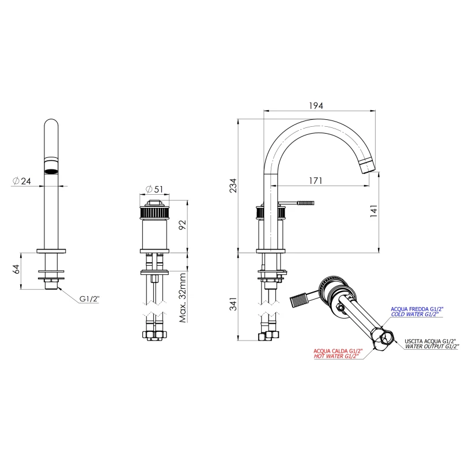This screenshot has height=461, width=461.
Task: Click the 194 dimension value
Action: (x=316, y=105)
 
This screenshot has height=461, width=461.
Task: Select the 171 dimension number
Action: (x=315, y=180)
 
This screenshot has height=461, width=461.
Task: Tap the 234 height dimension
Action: (x=233, y=185)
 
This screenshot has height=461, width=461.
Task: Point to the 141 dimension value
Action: (x=373, y=211)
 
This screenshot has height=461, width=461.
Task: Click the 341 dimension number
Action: (x=233, y=304)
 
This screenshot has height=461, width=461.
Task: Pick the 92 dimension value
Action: (x=183, y=225)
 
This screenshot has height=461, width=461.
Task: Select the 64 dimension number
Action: (x=17, y=269)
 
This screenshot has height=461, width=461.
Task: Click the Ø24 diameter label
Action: (x=22, y=181)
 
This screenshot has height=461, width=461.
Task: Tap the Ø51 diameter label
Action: (x=154, y=189)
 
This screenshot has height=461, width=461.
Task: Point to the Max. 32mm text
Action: (x=183, y=297)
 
